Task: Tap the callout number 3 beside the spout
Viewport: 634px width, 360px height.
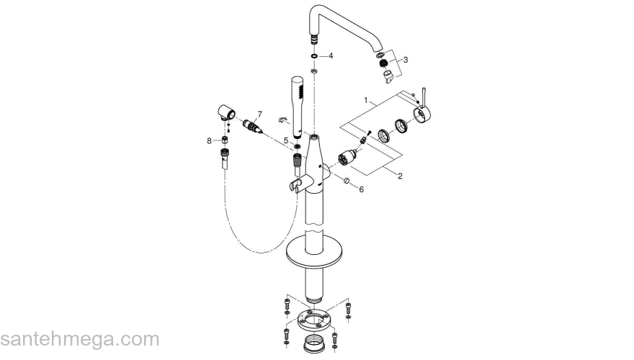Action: pyautogui.click(x=406, y=60)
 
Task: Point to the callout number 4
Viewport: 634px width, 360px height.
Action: pyautogui.click(x=331, y=55)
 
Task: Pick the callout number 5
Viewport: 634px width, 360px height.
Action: pyautogui.click(x=286, y=140)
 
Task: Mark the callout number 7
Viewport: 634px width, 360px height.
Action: pyautogui.click(x=260, y=114)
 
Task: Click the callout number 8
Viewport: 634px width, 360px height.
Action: pyautogui.click(x=210, y=140)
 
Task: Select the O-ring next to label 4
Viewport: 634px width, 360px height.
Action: pyautogui.click(x=315, y=55)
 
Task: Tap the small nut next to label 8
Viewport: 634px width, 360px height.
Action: pyautogui.click(x=225, y=140)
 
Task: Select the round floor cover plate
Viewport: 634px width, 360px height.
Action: pyautogui.click(x=317, y=251)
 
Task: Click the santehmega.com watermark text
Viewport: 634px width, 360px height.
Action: pyautogui.click(x=80, y=339)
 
